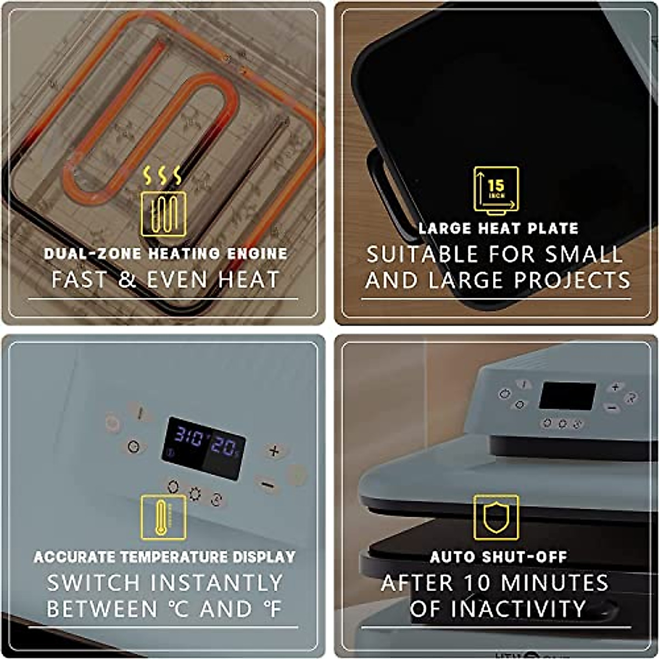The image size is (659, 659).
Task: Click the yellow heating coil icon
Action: tap(163, 213)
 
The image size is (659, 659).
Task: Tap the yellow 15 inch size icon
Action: tap(496, 190)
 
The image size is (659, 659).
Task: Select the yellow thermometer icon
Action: tap(163, 517)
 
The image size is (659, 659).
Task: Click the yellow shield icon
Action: tap(496, 517)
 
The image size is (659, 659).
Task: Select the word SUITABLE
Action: tap(422, 255)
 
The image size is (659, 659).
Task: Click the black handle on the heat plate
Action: tap(384, 192)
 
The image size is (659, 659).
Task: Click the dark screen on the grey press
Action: tap(567, 396)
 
